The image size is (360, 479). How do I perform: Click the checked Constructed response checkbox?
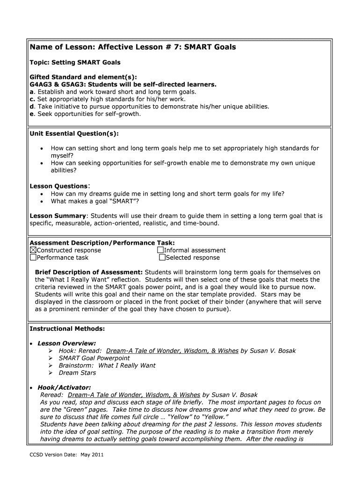33,250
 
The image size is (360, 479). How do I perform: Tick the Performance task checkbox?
33,257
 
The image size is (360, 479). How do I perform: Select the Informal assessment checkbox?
160,250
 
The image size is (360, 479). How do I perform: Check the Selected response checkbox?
162,257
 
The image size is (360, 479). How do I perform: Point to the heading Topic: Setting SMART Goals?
75,62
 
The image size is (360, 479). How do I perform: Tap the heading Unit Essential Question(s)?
74,134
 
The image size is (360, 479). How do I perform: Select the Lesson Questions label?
58,186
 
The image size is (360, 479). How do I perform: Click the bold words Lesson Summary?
58,216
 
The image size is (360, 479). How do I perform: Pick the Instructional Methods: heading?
67,329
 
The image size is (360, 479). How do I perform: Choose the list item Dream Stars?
77,373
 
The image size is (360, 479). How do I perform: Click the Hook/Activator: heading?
64,387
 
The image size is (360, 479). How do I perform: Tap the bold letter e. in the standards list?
32,114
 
